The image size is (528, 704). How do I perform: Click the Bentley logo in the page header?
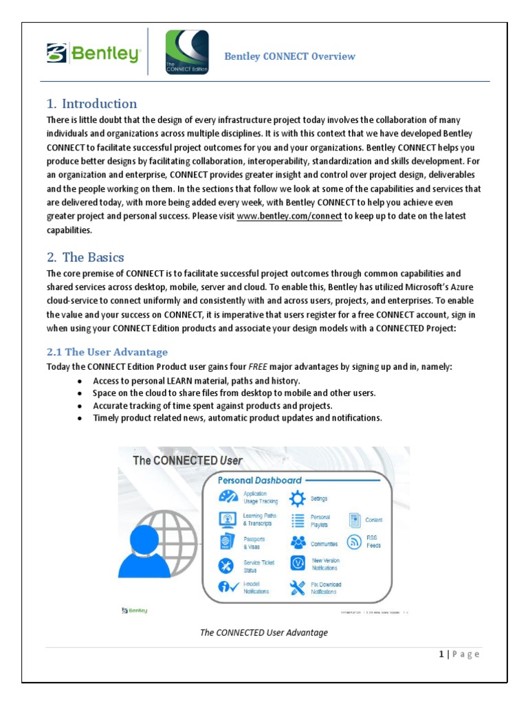pos(93,53)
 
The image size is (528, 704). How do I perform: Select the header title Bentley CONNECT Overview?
pos(289,56)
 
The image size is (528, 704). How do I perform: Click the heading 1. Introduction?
pos(92,104)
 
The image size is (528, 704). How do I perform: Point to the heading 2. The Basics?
pos(86,257)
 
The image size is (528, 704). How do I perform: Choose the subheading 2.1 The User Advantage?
pos(107,352)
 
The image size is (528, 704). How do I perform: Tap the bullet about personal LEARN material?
pos(197,381)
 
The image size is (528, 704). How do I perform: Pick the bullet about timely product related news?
pos(237,418)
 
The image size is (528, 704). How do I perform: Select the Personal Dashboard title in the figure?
pos(260,480)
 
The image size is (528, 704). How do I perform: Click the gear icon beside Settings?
pos(298,498)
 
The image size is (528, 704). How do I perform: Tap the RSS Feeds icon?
pos(355,542)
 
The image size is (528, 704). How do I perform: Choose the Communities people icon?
pos(298,542)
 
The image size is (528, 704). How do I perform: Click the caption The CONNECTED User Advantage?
pos(264,632)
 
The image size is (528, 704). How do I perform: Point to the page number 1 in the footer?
pos(441,654)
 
